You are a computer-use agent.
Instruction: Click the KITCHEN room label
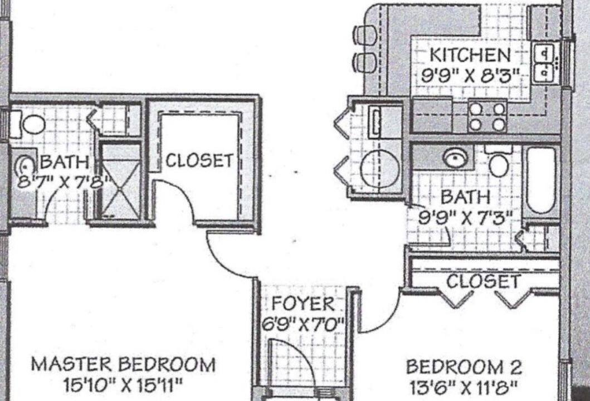(x=470, y=55)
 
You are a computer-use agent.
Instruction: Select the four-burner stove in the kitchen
(x=487, y=116)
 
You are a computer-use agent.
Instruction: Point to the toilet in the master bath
(x=28, y=124)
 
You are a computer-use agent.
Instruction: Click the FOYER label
(x=303, y=304)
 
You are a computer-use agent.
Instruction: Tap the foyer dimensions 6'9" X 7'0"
(x=303, y=324)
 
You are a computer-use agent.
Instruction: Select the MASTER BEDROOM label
(x=123, y=364)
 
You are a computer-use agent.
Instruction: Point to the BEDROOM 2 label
(x=464, y=366)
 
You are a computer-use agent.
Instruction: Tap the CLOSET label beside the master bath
(x=199, y=160)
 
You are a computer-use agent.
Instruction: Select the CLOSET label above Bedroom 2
(x=484, y=281)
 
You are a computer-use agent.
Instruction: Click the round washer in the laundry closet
(x=379, y=169)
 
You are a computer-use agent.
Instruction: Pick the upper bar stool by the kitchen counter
(x=364, y=35)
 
